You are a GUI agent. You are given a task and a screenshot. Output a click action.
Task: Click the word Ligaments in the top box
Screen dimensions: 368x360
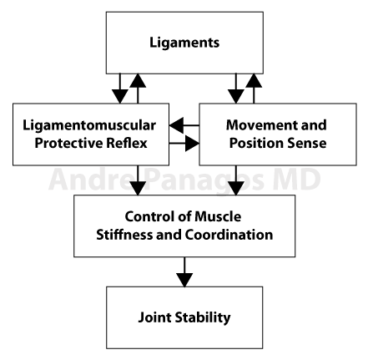point(184,43)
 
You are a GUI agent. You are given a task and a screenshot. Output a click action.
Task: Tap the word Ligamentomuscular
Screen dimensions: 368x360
point(89,125)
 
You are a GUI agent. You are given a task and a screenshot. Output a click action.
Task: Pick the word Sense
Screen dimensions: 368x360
point(306,143)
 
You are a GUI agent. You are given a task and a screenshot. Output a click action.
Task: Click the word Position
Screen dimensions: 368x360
point(256,143)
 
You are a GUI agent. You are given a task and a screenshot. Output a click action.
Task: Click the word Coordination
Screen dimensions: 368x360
point(229,235)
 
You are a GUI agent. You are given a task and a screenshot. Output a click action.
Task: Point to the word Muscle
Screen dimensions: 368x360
point(218,216)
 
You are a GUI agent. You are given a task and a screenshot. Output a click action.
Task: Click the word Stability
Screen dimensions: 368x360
point(204,317)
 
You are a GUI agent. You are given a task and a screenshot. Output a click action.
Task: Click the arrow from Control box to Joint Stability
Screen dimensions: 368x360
point(184,271)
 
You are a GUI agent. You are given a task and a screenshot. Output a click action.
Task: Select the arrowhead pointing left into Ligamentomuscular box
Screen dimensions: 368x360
point(176,125)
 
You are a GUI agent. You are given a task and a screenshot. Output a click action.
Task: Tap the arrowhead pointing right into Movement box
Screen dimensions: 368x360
point(192,144)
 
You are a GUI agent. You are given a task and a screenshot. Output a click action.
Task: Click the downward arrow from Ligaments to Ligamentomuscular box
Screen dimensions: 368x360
point(120,89)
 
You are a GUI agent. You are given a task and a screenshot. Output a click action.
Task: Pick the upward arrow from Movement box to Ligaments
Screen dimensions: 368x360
point(254,89)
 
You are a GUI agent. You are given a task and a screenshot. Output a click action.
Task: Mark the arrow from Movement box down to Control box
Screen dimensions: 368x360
point(236,180)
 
